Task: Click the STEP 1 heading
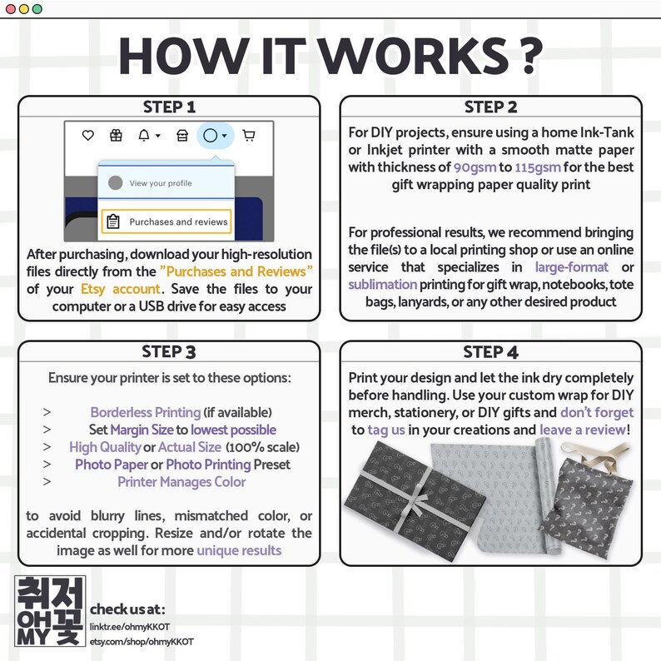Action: click(169, 107)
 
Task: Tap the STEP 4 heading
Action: click(490, 352)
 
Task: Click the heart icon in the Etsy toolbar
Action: click(87, 136)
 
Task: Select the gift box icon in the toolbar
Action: click(116, 136)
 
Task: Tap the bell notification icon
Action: click(144, 136)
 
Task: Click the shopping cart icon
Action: click(249, 136)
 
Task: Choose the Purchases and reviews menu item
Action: click(166, 221)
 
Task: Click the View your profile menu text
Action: click(161, 183)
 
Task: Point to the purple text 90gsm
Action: click(475, 167)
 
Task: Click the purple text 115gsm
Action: click(538, 167)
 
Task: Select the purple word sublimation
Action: click(382, 285)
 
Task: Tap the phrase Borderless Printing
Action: click(146, 412)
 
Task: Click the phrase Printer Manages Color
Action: click(181, 482)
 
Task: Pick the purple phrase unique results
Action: click(239, 550)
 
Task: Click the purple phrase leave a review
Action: click(583, 430)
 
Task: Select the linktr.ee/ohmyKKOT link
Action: click(130, 627)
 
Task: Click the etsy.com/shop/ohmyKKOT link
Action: click(142, 642)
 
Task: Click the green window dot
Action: click(37, 9)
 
